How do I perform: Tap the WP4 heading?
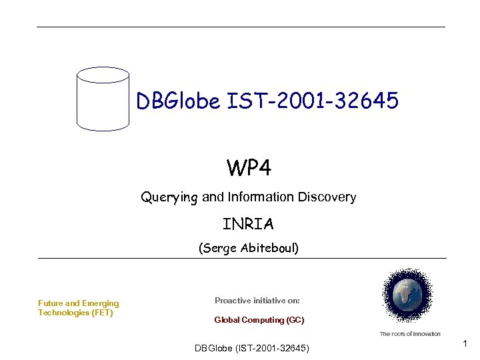pos(249,169)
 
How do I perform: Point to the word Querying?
pos(169,197)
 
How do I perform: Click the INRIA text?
pos(248,223)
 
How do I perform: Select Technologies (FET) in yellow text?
pos(75,313)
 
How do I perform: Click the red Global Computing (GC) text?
pos(259,320)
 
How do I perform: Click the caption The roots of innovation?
pos(410,333)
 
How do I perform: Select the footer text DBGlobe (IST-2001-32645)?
pos(251,348)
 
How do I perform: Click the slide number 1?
pos(465,343)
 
